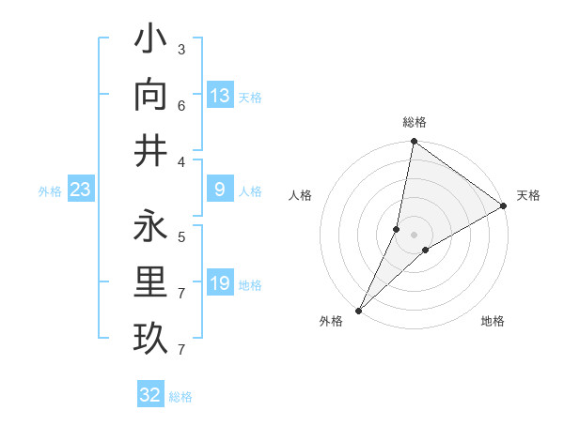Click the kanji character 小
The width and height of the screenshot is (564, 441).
tap(150, 42)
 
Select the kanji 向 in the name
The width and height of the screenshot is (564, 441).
tap(150, 95)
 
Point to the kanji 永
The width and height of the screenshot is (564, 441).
tap(150, 227)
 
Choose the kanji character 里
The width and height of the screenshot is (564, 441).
tap(150, 282)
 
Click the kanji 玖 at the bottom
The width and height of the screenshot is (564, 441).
tap(150, 338)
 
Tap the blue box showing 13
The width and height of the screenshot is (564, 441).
tap(220, 96)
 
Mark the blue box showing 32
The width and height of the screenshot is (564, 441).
tap(150, 395)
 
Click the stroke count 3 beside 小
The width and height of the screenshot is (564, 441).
tap(181, 49)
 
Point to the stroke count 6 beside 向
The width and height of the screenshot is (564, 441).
tap(181, 105)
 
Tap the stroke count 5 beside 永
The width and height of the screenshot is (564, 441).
tap(181, 237)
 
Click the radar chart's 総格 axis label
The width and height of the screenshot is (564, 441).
tap(415, 122)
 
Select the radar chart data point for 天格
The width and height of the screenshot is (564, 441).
tap(504, 206)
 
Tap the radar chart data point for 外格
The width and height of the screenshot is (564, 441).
tap(359, 310)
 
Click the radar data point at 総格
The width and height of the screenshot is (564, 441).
tap(414, 143)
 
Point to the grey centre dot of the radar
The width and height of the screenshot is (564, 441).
tap(414, 235)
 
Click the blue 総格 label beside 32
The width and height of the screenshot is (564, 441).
tap(180, 397)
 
